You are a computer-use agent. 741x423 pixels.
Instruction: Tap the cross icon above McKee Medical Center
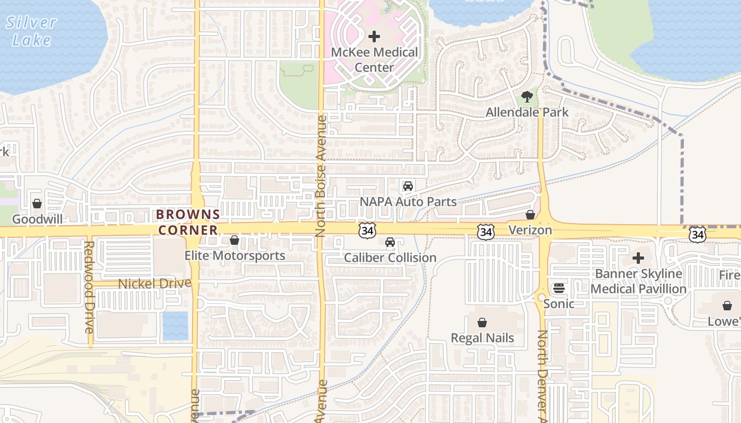tap(374, 36)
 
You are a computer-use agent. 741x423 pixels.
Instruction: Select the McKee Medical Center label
tap(374, 60)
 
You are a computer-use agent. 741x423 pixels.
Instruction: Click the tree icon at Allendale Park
tap(527, 97)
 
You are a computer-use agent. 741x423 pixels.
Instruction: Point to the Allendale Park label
tap(527, 112)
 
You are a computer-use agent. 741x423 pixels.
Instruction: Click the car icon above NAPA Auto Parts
tap(408, 186)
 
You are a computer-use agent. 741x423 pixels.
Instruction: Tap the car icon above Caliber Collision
tap(390, 242)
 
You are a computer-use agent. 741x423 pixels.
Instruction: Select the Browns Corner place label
tap(188, 222)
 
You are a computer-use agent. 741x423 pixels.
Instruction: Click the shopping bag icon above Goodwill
tap(37, 204)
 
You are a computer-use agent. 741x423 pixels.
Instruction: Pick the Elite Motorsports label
tap(234, 256)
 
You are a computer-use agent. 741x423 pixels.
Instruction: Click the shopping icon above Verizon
tap(530, 215)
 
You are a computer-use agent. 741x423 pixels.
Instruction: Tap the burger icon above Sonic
tap(558, 288)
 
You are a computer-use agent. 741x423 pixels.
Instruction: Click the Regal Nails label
tap(482, 338)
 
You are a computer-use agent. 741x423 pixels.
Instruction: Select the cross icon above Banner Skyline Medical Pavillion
tap(638, 259)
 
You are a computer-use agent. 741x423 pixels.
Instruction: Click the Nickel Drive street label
tap(154, 284)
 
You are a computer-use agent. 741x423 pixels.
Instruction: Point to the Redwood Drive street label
tap(89, 287)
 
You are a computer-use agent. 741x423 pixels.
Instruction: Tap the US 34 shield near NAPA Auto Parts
tap(367, 230)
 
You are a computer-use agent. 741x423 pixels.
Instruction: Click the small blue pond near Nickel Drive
tap(175, 326)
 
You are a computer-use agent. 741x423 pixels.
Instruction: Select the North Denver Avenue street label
tap(543, 375)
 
